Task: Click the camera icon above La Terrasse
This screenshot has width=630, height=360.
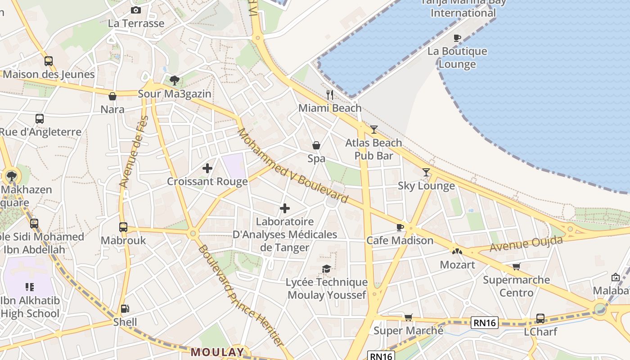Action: point(135,10)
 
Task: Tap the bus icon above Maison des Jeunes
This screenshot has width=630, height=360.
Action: point(48,61)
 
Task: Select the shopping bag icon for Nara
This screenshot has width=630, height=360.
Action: point(112,96)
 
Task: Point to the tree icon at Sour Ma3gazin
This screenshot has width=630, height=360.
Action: point(174,81)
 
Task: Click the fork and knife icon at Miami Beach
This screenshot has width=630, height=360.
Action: point(330,94)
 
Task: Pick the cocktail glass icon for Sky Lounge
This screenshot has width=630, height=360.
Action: point(426,172)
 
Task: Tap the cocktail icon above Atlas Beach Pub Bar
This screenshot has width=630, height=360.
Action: point(374,130)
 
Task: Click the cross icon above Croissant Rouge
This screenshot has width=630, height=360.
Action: point(207,168)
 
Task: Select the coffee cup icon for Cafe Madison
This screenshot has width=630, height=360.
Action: point(400,227)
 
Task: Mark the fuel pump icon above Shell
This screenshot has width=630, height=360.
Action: point(125,309)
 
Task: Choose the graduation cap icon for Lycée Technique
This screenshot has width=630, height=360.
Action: point(326,269)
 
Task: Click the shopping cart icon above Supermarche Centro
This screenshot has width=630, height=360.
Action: point(516,267)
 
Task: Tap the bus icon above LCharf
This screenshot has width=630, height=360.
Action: point(540,319)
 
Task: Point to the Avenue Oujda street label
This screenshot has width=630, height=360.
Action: point(526,244)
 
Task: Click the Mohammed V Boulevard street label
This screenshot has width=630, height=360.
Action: point(292,165)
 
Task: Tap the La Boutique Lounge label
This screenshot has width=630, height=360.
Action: point(457,58)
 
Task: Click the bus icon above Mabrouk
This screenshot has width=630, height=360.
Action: point(123,227)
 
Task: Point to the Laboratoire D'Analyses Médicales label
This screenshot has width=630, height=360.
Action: point(285,234)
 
